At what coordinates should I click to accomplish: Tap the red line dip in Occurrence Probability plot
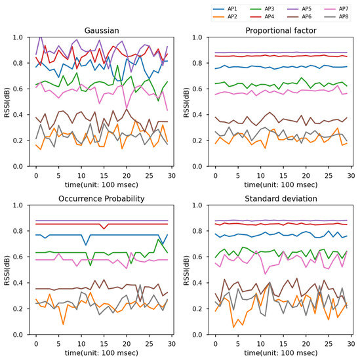(x=103, y=228)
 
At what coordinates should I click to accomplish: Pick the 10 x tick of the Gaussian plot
(x=81, y=177)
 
